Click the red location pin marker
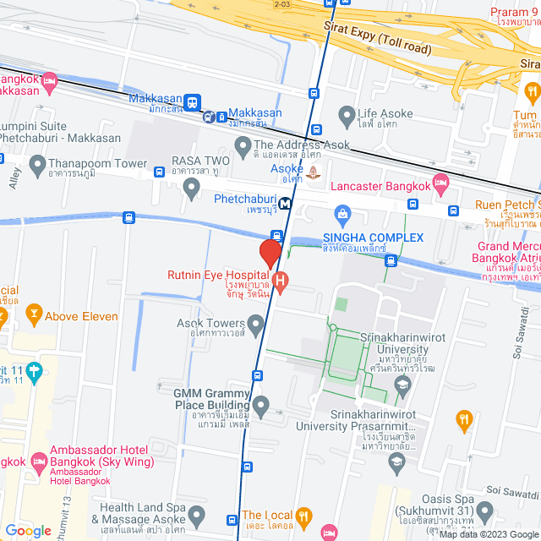pos(270,253)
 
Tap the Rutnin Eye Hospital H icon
pos(281,279)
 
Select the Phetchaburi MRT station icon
pos(287,203)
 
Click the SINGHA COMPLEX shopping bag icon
pos(342,212)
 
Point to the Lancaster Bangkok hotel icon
pos(440,182)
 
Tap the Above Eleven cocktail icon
pos(34,316)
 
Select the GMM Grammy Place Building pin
pos(261,407)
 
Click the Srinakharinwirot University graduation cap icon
pos(402,386)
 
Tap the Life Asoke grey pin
pos(345,114)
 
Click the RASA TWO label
pos(200,160)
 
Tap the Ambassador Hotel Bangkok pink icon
pos(37,462)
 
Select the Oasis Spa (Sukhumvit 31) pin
pos(484,511)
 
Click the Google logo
pos(29,530)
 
